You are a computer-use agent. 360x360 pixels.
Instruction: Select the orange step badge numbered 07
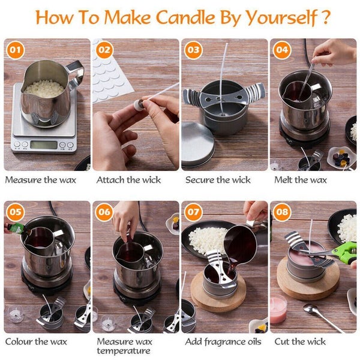point(193,212)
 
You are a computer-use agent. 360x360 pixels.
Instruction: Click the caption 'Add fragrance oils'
point(223,341)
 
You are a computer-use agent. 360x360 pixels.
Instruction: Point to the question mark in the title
point(325,16)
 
